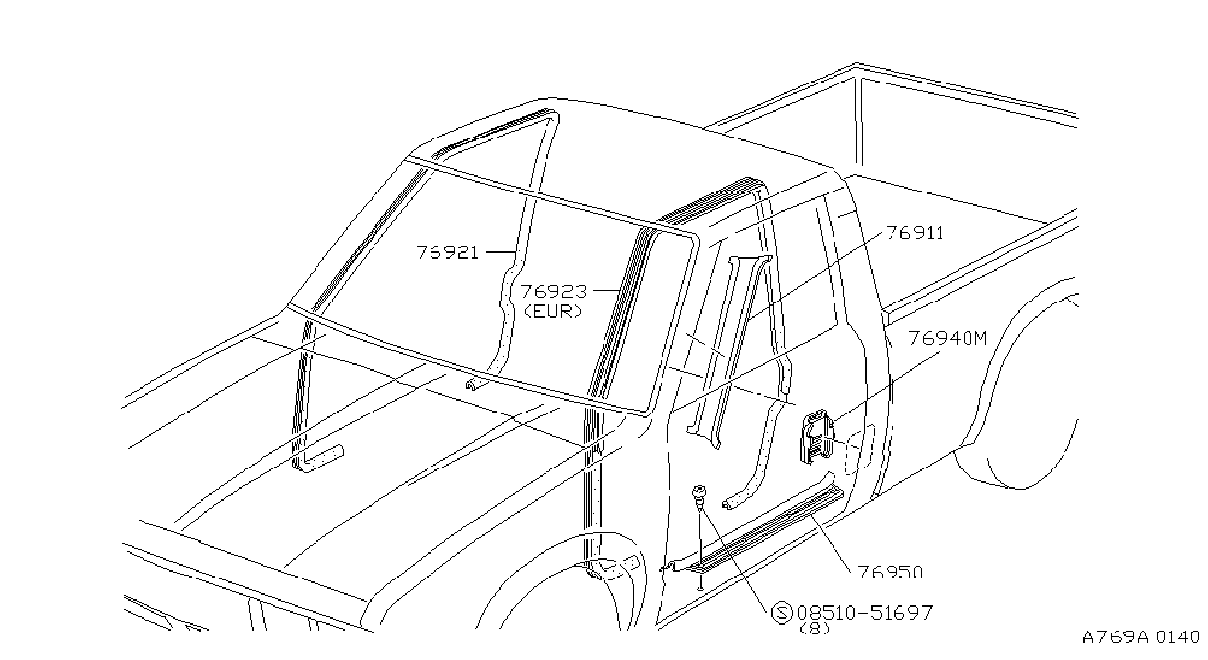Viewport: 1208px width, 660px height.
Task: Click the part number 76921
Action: click(447, 252)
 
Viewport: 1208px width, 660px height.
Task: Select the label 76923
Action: click(553, 292)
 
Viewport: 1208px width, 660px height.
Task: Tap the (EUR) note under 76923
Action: click(553, 311)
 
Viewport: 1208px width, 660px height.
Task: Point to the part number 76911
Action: click(915, 233)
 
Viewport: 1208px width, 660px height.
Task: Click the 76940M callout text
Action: click(949, 339)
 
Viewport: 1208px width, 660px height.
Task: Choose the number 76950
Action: click(891, 573)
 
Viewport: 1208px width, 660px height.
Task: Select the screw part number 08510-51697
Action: click(865, 613)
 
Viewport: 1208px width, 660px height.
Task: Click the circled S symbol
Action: click(781, 613)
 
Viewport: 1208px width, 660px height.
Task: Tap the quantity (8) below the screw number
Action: click(814, 629)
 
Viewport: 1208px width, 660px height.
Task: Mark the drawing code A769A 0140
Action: click(1141, 637)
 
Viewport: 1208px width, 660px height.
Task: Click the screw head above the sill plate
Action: click(700, 493)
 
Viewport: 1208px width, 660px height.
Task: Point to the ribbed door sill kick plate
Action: click(769, 528)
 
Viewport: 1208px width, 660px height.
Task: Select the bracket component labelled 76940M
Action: click(817, 436)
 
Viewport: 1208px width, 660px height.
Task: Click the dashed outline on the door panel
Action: click(860, 450)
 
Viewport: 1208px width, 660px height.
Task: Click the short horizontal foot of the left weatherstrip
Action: click(322, 458)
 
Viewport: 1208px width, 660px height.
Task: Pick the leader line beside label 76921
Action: click(501, 252)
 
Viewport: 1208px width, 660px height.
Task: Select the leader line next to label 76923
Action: click(607, 291)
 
